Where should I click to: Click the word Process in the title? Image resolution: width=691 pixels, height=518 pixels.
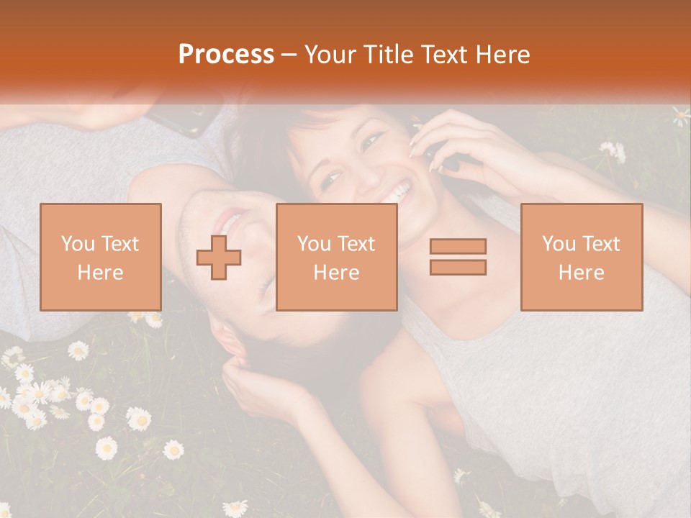coord(226,55)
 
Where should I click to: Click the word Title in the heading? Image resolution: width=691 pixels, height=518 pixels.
coord(389,55)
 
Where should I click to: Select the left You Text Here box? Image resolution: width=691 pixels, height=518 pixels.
coord(101,258)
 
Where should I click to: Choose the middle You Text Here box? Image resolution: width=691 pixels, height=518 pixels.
coord(336,258)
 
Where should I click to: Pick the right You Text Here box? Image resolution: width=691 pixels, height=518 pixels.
coord(581,258)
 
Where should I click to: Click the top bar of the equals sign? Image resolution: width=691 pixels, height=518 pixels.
coord(458,247)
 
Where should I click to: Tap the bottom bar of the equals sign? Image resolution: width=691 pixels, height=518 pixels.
coord(458,267)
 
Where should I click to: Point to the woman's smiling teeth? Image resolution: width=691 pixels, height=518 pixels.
coord(398,193)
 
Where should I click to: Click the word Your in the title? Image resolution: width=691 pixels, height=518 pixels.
coord(330,55)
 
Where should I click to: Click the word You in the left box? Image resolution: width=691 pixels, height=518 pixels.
coord(77,244)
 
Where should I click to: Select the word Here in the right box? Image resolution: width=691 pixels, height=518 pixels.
coord(581,273)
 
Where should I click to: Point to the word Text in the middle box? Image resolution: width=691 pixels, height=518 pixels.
coord(356,244)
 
